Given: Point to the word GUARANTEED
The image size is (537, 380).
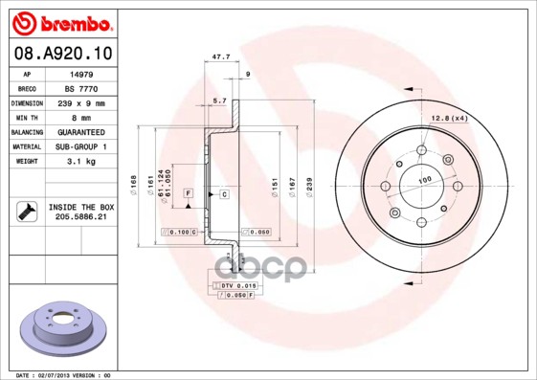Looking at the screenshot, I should pos(80,131).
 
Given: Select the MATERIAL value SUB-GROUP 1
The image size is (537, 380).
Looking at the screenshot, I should pos(80,146).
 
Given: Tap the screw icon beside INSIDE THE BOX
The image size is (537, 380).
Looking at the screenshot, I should pos(26,212).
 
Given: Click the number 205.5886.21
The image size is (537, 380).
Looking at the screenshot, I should pos(80,217).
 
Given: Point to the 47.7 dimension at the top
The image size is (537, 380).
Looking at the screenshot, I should pos(219,57).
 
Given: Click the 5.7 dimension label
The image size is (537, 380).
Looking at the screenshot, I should pos(219,101).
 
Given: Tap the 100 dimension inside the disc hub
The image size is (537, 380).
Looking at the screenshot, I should pos(424,178).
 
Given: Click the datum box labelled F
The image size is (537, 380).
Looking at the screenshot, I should pos(189,193).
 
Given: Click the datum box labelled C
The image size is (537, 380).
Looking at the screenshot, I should pos(224,194).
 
